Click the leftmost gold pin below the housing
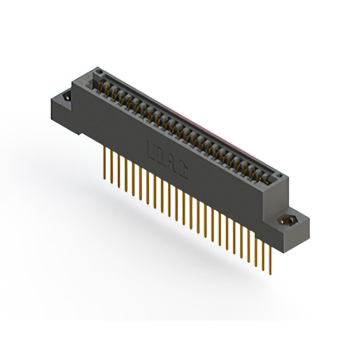click(105, 163)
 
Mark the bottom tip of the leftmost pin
click(105, 181)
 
